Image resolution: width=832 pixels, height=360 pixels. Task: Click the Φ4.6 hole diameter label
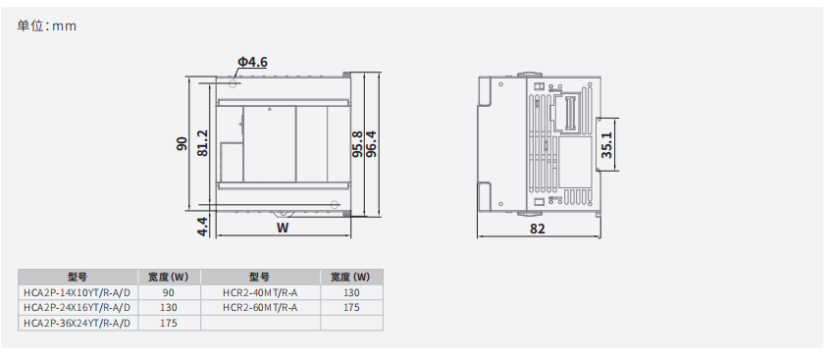click(252, 62)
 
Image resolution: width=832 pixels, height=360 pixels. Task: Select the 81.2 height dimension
click(202, 143)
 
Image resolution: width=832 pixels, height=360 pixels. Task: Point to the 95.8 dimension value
click(358, 143)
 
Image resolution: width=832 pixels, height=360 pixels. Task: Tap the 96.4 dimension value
click(371, 143)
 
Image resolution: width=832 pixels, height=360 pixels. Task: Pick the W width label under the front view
click(283, 228)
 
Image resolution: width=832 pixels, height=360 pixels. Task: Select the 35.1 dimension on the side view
click(606, 145)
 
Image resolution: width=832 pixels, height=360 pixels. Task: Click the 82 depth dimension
click(538, 229)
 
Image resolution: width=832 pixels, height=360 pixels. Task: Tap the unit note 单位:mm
click(47, 26)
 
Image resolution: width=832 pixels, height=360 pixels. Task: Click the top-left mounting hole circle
click(232, 83)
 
